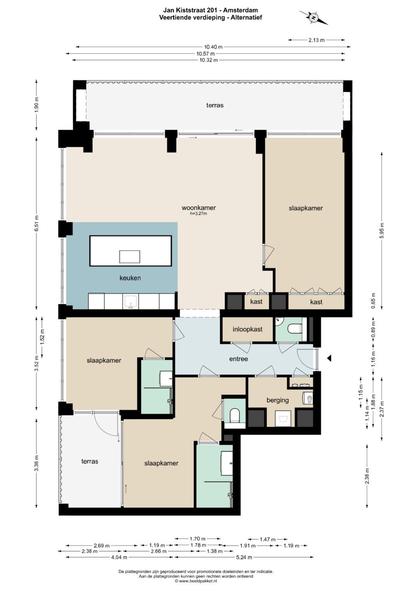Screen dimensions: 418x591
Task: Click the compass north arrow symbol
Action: click(x=313, y=18)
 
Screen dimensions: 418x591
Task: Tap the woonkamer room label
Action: click(x=199, y=207)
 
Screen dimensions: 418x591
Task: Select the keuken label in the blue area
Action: click(x=130, y=278)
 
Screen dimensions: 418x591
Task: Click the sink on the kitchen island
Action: click(x=130, y=257)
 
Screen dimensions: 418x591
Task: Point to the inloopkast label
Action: click(x=248, y=329)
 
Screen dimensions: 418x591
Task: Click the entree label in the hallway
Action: click(x=238, y=359)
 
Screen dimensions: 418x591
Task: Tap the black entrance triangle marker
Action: click(x=329, y=358)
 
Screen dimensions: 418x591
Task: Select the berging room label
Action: click(x=278, y=400)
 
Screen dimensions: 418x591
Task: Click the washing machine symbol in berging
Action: click(x=283, y=418)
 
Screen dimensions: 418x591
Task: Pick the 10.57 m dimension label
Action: click(x=206, y=53)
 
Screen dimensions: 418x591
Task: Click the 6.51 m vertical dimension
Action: click(x=37, y=223)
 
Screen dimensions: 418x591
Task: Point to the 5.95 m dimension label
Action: click(x=382, y=231)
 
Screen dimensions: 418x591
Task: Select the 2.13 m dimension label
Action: click(x=317, y=40)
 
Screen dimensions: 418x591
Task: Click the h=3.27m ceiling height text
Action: click(x=199, y=213)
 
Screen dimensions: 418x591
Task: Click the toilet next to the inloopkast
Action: click(x=295, y=329)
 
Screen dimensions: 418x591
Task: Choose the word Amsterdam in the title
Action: click(x=240, y=10)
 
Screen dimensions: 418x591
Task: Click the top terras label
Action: click(x=215, y=105)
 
